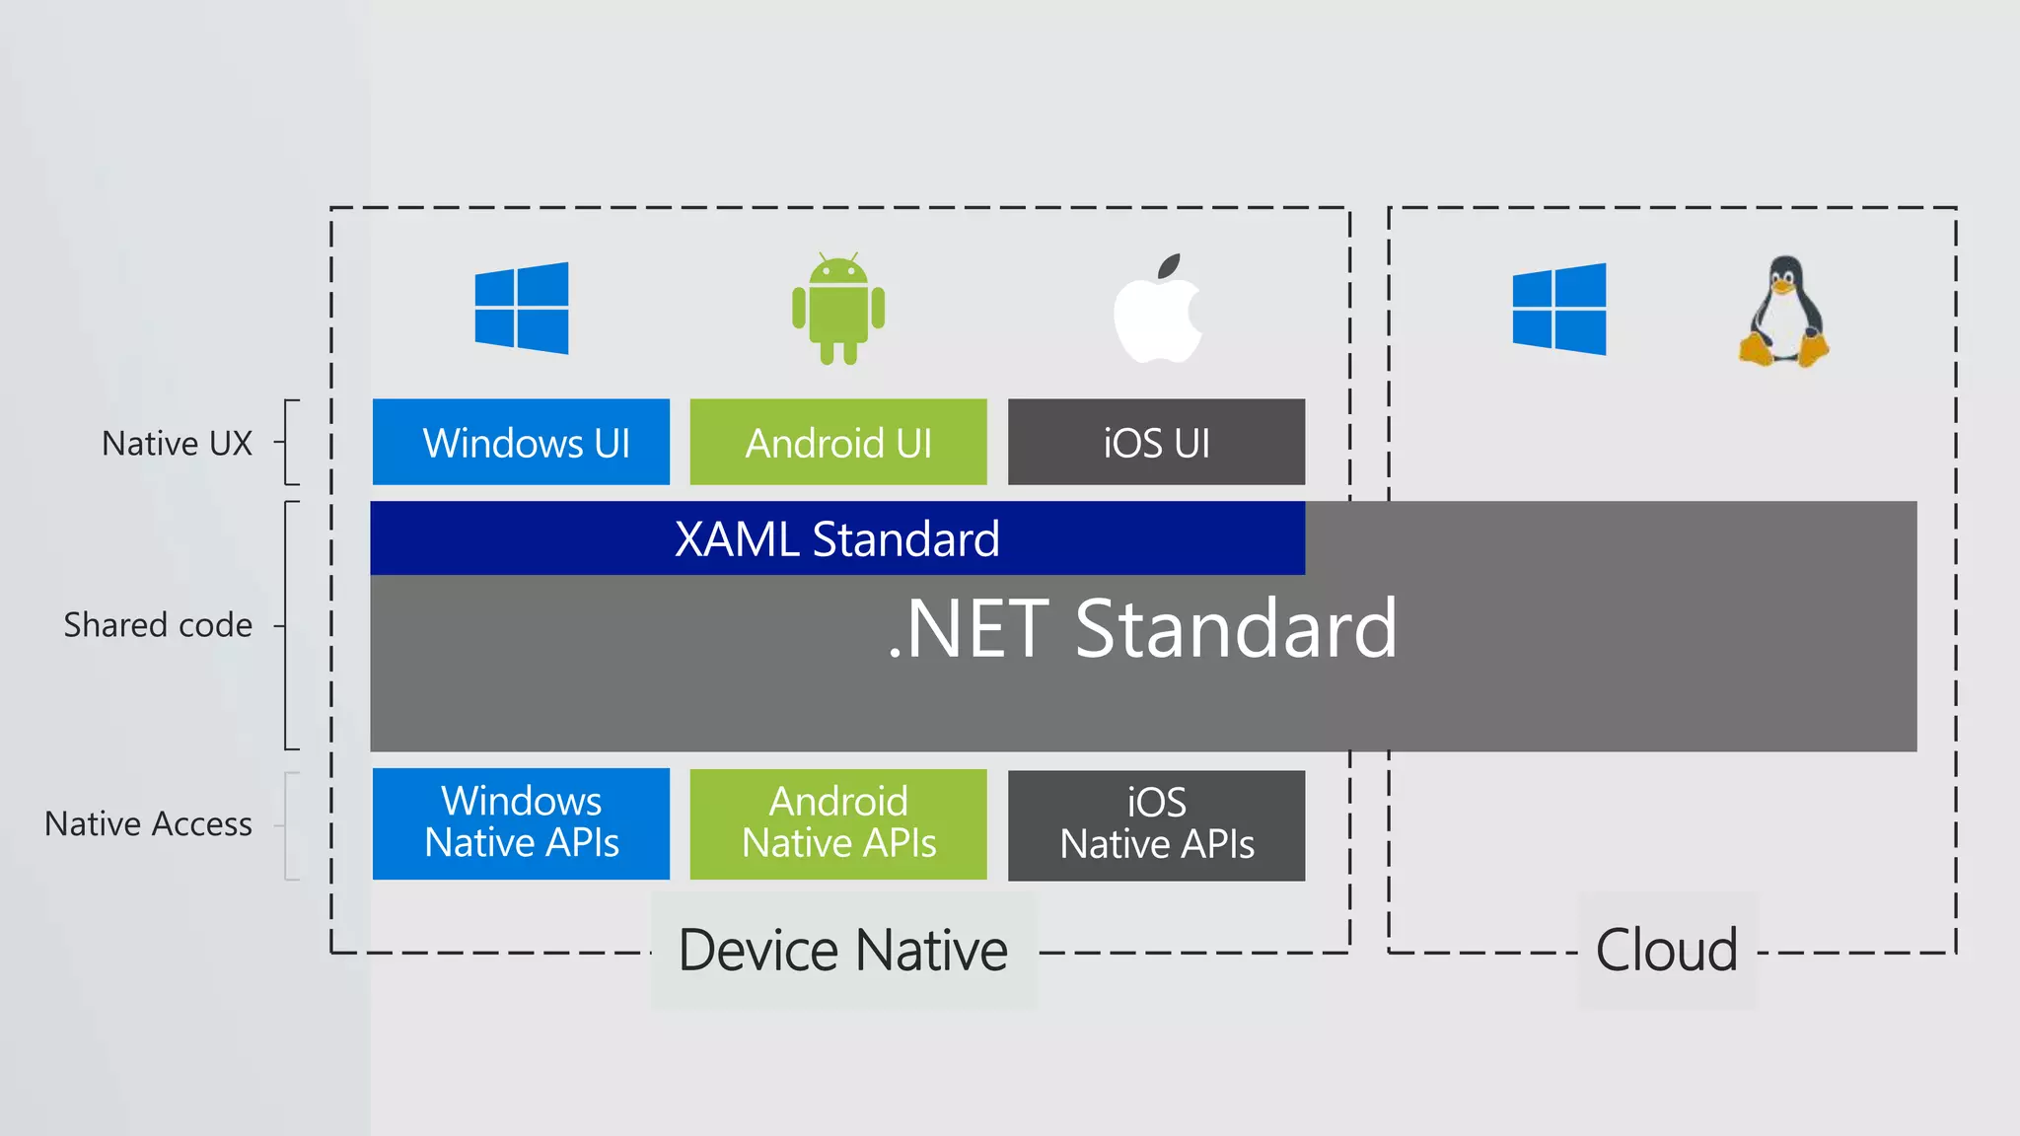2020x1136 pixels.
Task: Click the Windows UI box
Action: [x=521, y=442]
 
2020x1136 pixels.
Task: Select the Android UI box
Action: [x=838, y=442]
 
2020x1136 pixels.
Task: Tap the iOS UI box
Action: [x=1156, y=442]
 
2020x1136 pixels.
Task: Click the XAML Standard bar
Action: [x=836, y=538]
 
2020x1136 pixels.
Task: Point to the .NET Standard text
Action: [x=1142, y=629]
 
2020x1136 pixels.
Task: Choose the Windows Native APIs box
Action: [x=521, y=823]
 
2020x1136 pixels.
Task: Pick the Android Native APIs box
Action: [x=838, y=823]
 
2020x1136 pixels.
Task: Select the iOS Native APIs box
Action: [x=1156, y=824]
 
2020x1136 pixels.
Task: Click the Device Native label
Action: [x=843, y=951]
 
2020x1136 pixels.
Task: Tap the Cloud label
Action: [x=1667, y=951]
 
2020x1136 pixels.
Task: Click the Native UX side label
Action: [x=178, y=444]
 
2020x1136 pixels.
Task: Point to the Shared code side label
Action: [x=158, y=625]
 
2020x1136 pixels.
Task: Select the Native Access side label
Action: [x=149, y=824]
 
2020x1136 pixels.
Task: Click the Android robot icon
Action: [x=838, y=309]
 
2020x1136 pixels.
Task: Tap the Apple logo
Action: [x=1156, y=318]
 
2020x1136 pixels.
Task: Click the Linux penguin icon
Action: [x=1783, y=312]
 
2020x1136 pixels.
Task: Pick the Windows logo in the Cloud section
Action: [x=1559, y=309]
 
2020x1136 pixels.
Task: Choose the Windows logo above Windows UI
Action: [x=522, y=308]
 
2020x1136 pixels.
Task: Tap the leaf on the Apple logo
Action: [x=1170, y=265]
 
